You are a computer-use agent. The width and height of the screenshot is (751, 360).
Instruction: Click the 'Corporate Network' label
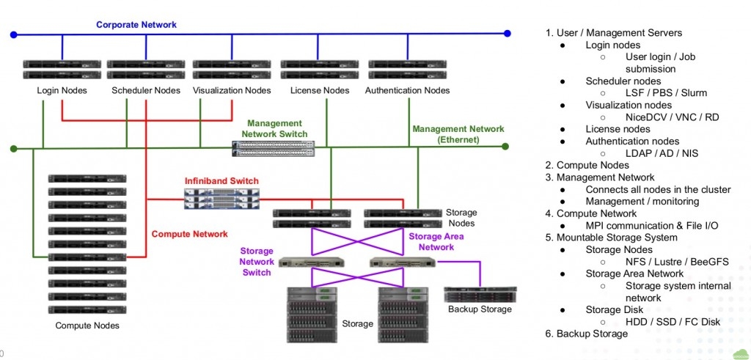pos(136,25)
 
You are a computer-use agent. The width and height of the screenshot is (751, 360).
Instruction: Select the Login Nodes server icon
pos(62,70)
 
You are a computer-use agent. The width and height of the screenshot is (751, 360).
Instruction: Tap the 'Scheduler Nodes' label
pos(146,91)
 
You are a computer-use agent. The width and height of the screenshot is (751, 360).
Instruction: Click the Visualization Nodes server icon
pos(231,70)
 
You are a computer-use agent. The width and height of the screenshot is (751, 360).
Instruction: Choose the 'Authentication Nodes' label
pos(407,91)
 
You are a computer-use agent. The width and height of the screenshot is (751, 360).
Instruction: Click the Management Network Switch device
pos(274,149)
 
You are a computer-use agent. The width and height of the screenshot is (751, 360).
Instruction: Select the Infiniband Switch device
pos(222,198)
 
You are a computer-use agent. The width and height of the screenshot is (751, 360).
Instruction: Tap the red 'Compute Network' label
pos(189,234)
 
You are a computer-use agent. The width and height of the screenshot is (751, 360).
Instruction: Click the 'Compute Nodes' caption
pos(87,326)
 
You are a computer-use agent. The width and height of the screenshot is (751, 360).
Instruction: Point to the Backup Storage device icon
pos(479,294)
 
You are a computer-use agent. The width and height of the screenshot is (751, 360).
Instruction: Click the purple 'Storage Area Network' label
pos(436,241)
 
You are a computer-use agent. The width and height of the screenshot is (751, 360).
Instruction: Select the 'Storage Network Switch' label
pos(257,261)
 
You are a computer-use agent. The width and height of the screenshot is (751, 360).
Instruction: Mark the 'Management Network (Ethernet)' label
pos(458,134)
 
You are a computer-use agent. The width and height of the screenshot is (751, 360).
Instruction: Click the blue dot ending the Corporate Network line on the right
pos(507,33)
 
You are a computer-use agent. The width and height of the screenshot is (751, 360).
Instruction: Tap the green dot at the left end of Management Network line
pos(13,149)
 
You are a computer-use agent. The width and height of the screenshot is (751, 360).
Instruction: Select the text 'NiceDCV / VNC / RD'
pos(672,117)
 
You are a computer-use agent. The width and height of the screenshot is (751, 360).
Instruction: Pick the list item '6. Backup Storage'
pos(586,334)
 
